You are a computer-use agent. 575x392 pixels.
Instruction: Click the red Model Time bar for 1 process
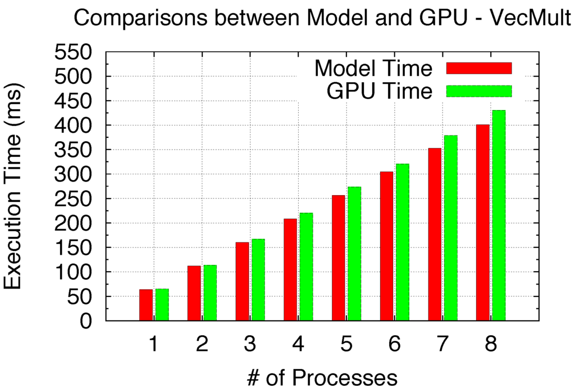click(x=146, y=305)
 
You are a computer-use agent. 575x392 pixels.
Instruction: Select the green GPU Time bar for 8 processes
click(x=499, y=215)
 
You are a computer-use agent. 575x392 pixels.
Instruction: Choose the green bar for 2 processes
click(x=210, y=292)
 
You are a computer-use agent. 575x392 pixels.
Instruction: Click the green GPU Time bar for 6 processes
click(x=403, y=242)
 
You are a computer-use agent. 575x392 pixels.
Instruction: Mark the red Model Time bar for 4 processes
click(x=290, y=269)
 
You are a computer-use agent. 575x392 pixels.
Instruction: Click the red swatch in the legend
click(x=479, y=68)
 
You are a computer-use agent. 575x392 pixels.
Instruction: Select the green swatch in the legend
click(x=479, y=91)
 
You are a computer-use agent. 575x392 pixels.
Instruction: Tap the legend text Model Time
click(x=373, y=69)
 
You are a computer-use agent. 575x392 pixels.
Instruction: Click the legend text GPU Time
click(x=380, y=91)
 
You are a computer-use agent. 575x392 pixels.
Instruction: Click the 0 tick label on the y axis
click(x=86, y=321)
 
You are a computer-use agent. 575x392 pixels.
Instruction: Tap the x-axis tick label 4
click(x=298, y=344)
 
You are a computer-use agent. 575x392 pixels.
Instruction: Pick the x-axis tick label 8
click(x=491, y=344)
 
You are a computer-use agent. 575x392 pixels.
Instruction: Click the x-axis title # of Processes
click(x=322, y=377)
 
